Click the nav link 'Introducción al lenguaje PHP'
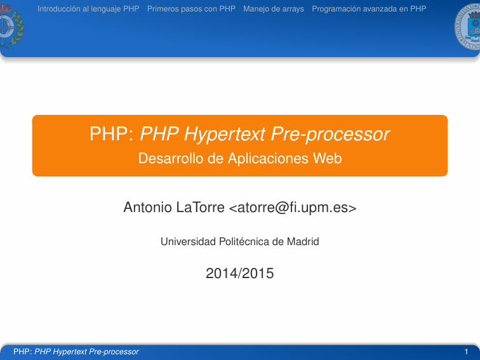tap(88, 9)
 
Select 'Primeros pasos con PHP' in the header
tap(191, 9)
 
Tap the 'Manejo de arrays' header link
tap(274, 9)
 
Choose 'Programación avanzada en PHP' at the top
tap(369, 9)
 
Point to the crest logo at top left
tap(11, 25)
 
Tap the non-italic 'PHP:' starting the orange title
tap(111, 135)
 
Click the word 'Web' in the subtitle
tap(328, 158)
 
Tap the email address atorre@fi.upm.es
tap(293, 208)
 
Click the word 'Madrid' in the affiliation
tap(303, 242)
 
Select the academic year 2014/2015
tap(240, 274)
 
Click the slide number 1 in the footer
tap(467, 351)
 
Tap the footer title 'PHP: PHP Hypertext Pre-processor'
tap(76, 351)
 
